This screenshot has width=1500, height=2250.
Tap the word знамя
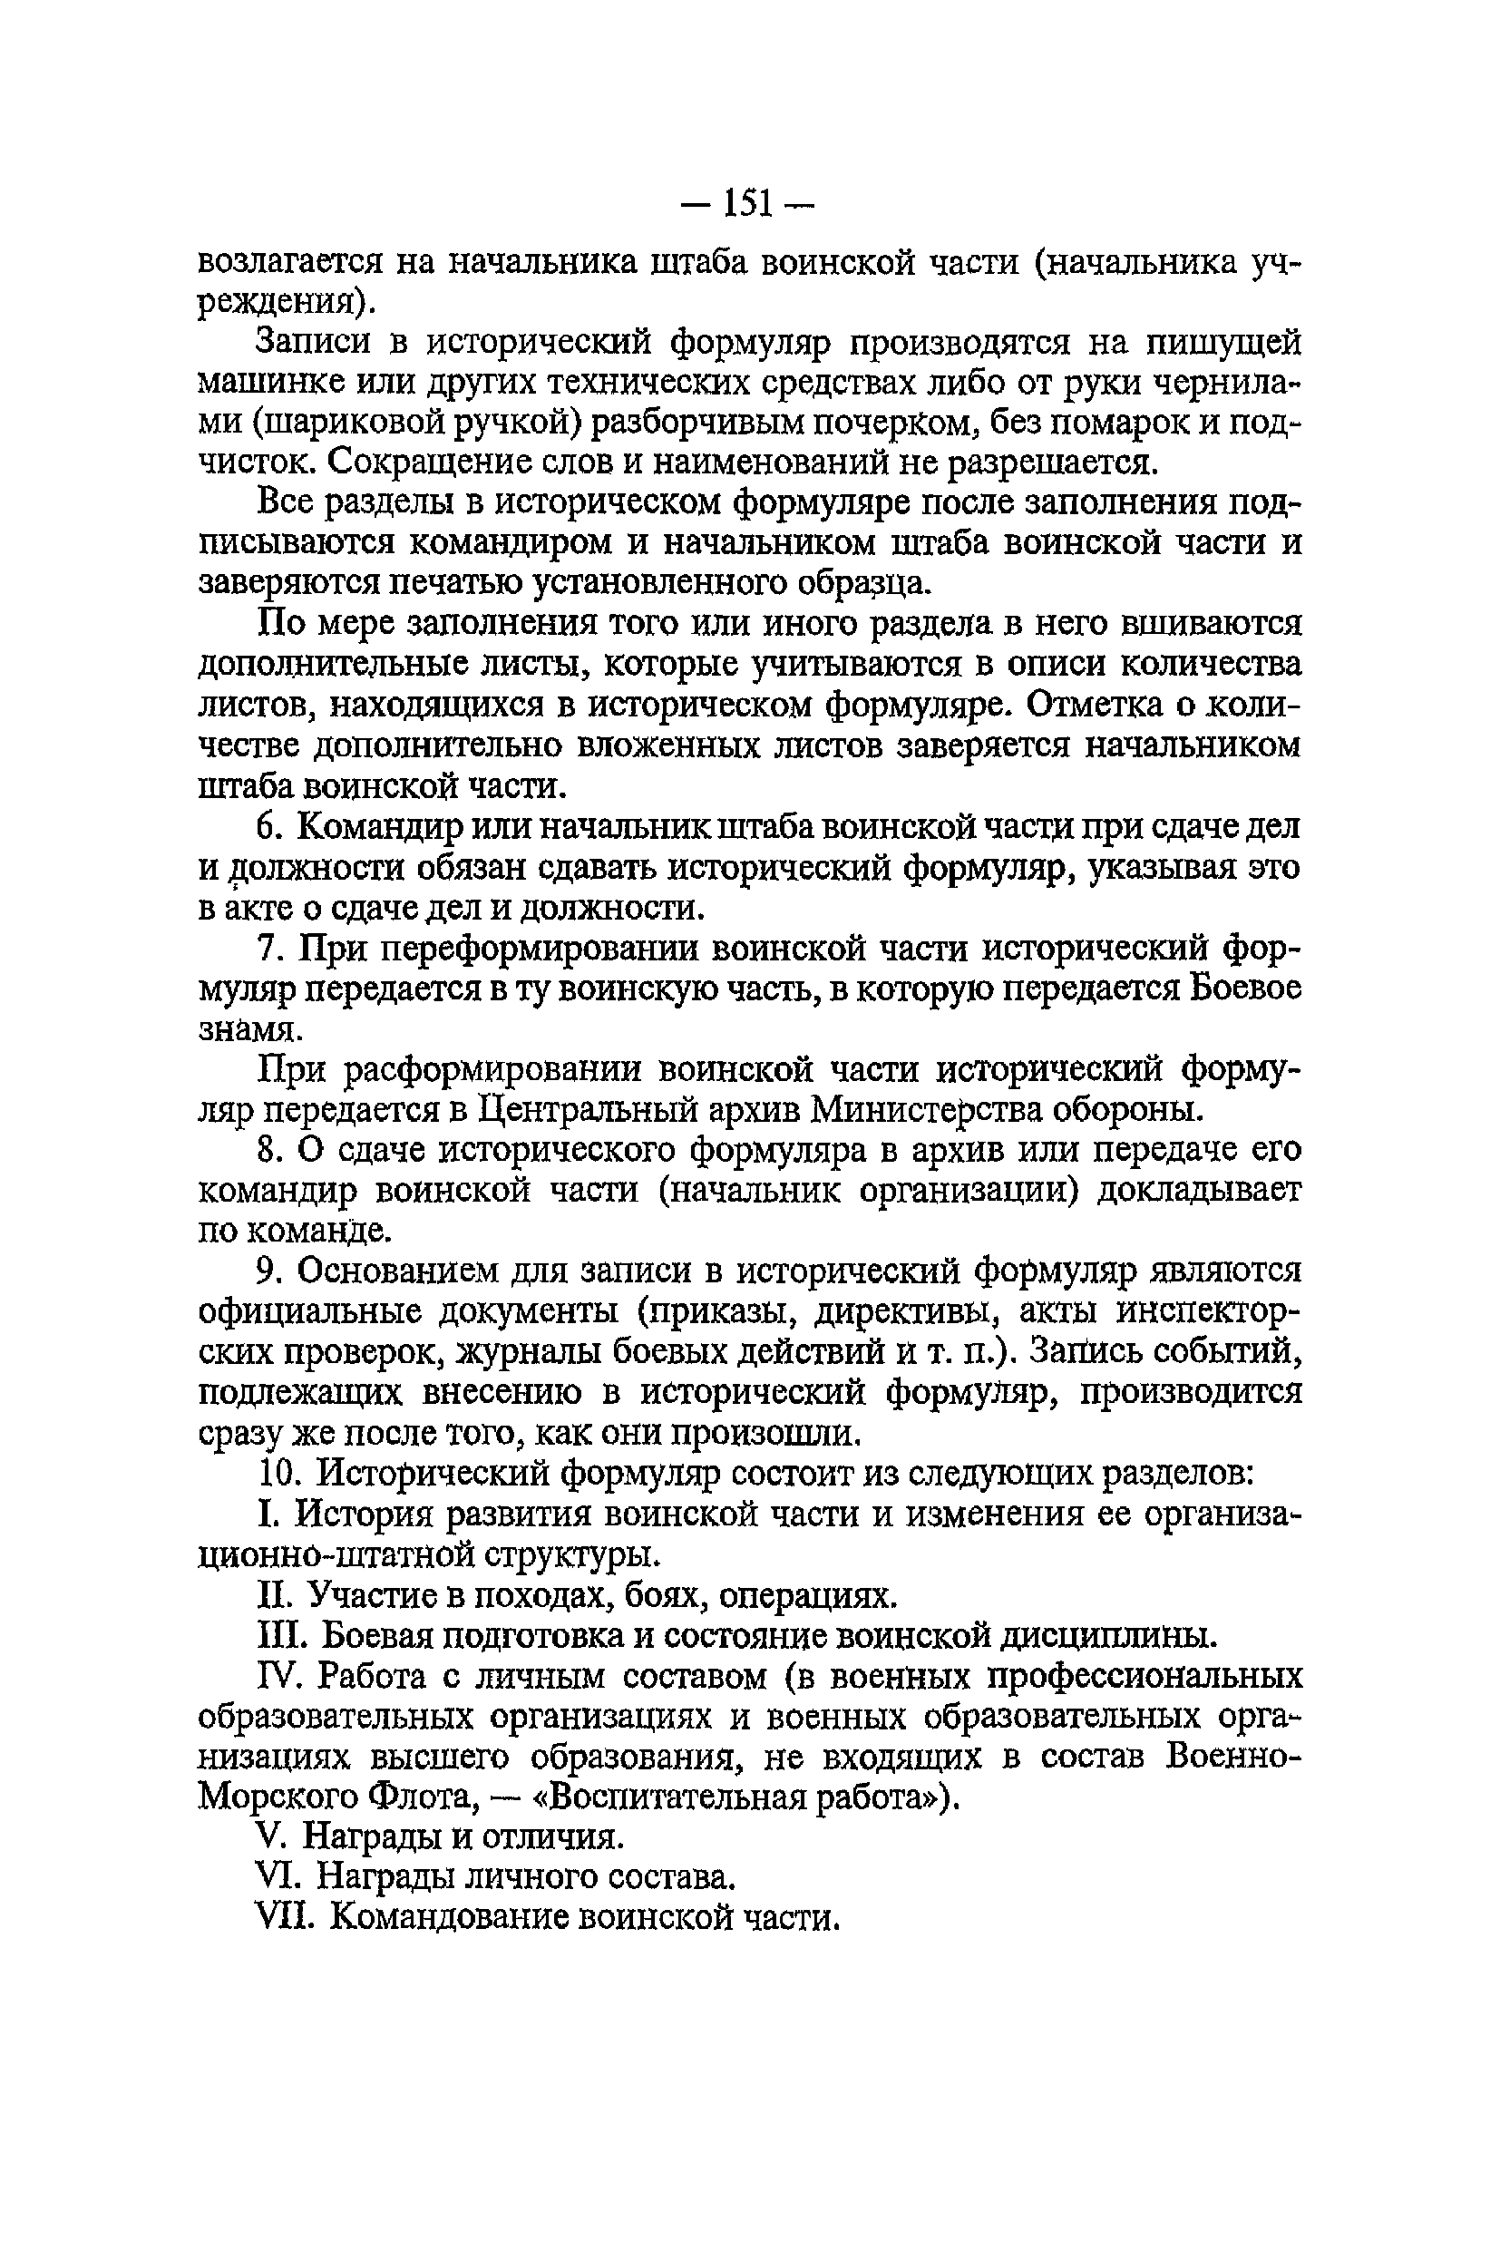click(250, 1029)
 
